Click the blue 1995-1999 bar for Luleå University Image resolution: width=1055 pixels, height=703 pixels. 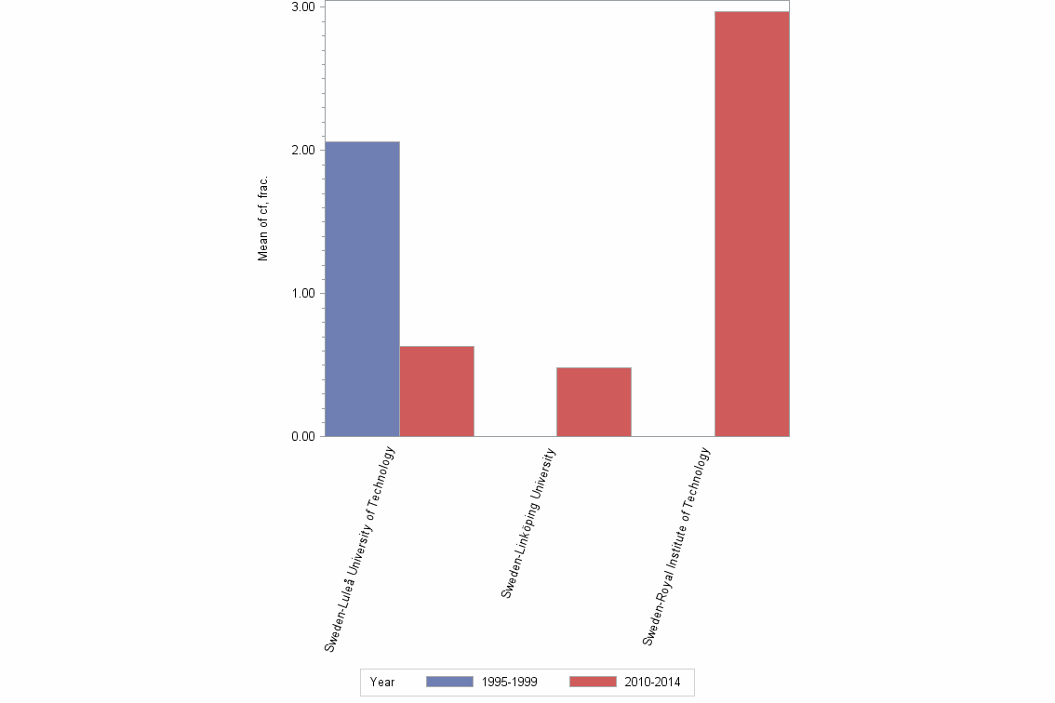[361, 288]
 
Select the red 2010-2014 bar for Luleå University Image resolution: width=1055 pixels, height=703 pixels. [436, 391]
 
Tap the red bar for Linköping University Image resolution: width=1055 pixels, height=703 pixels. [594, 402]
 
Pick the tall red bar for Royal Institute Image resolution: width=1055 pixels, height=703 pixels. [752, 223]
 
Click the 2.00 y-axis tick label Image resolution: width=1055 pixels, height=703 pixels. [302, 150]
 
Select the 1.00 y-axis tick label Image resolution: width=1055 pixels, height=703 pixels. [302, 293]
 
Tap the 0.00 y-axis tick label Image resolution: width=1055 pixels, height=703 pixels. [302, 436]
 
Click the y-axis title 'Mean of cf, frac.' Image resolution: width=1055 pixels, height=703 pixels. [263, 218]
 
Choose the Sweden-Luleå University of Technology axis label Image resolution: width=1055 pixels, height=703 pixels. [360, 549]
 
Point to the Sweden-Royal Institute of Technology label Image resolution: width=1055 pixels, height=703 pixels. [676, 546]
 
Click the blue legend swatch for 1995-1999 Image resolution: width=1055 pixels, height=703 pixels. [449, 682]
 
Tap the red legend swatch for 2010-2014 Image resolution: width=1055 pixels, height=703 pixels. [592, 682]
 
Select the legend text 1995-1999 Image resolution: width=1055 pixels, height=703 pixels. [509, 682]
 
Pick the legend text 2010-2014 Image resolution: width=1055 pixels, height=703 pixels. [652, 682]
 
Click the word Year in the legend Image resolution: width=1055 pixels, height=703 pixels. [381, 682]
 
